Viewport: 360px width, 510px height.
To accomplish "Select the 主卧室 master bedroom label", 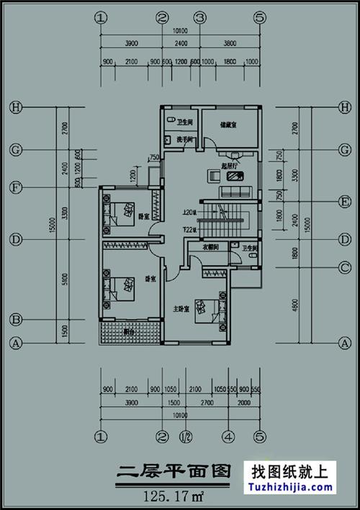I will click(181, 309).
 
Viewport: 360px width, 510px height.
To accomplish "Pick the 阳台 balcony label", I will click(129, 332).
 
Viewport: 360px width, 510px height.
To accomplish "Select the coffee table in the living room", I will click(215, 174).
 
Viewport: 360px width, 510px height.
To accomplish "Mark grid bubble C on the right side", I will click(344, 268).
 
